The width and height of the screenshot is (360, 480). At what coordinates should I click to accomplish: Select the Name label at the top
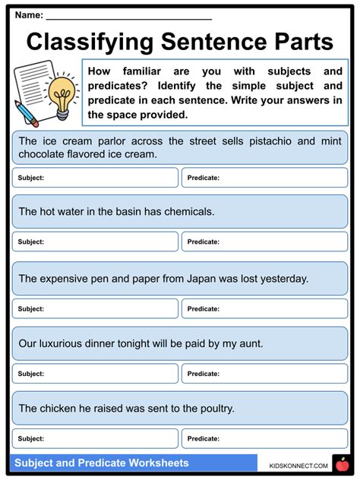point(29,14)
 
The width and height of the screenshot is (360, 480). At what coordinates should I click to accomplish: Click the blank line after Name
point(129,16)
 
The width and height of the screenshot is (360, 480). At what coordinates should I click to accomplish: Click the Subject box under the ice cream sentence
point(95,178)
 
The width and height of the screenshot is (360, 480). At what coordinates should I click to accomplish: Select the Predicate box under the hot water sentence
point(264,242)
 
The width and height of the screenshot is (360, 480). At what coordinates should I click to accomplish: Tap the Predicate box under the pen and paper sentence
point(264,309)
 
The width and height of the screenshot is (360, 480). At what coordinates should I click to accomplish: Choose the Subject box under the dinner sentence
point(95,374)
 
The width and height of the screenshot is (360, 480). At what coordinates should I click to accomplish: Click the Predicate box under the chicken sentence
point(264,438)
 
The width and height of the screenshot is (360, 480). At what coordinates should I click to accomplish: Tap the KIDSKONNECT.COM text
point(298,466)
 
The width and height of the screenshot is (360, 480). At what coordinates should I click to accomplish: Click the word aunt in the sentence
point(248,343)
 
